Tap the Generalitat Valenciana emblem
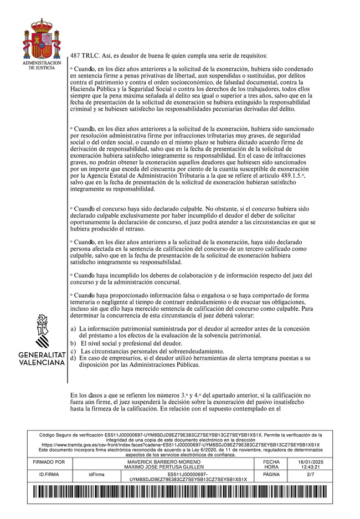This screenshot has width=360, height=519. (x=42, y=331)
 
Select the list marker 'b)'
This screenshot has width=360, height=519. (x=74, y=343)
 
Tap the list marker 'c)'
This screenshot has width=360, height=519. (x=74, y=351)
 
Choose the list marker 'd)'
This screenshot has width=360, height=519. (x=74, y=358)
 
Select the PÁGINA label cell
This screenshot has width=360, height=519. (x=271, y=475)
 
